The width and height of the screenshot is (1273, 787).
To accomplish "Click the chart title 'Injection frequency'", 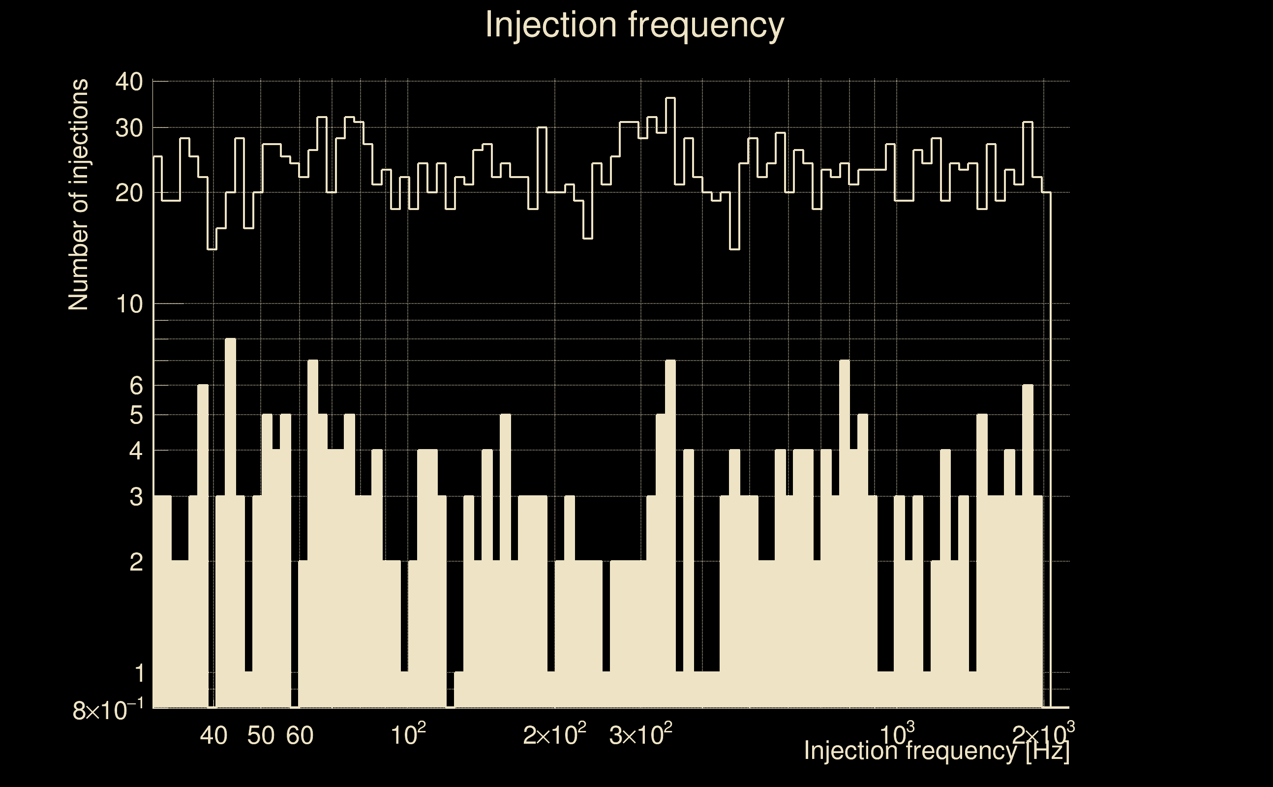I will (x=634, y=25).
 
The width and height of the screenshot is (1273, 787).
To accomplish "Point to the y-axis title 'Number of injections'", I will (x=79, y=195).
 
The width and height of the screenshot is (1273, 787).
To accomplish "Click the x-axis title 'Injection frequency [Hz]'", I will (x=936, y=751).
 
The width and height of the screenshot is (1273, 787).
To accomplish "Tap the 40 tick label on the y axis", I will (x=129, y=82).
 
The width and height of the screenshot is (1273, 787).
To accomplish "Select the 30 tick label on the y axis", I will (x=129, y=128).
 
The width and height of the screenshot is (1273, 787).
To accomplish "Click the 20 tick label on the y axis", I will (x=129, y=194).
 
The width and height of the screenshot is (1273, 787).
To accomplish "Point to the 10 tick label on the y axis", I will (x=129, y=304).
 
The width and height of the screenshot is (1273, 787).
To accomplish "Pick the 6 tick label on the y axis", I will (x=136, y=386).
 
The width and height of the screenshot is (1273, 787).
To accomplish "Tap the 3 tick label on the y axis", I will (x=136, y=497).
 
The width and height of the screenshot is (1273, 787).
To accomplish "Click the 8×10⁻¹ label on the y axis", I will (x=108, y=710).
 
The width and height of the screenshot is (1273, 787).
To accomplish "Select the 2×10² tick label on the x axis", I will (x=554, y=735).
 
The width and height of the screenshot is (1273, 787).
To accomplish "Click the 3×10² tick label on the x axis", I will (x=640, y=735).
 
